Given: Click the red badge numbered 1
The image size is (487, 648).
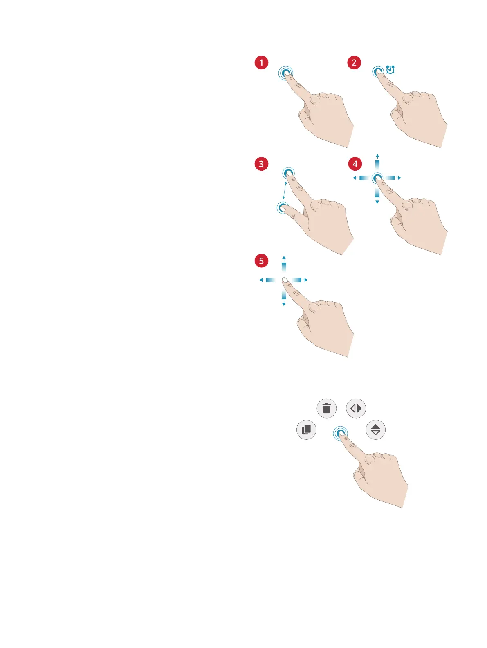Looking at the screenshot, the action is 261,63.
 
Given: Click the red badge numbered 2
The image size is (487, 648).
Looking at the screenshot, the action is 354,63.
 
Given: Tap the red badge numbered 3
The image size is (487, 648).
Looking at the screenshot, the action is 261,164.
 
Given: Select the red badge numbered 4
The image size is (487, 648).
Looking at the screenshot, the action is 355,164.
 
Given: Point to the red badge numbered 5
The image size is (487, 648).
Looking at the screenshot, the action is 261,261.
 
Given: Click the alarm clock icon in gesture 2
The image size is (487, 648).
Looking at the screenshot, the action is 390,70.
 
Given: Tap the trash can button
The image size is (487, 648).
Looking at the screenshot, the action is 327,408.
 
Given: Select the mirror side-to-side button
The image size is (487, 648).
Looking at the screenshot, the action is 356,408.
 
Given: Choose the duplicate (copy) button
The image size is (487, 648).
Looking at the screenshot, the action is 306,430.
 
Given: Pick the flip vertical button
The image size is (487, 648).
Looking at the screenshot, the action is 376,430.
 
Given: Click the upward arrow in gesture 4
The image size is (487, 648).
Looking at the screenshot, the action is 377,156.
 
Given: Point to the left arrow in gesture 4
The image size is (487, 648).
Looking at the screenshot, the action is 355,178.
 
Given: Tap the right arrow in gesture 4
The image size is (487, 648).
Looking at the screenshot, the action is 399,178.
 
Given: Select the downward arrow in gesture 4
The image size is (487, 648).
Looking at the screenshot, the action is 377,202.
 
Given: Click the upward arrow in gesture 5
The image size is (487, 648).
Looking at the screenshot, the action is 284,258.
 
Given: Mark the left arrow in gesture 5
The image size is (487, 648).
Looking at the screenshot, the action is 261,280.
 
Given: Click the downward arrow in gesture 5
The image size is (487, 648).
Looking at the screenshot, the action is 284,304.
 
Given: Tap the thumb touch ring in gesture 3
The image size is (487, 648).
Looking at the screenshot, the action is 281,207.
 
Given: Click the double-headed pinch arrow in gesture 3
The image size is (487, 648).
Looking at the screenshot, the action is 284,190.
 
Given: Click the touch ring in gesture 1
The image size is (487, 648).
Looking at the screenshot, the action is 285,73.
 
